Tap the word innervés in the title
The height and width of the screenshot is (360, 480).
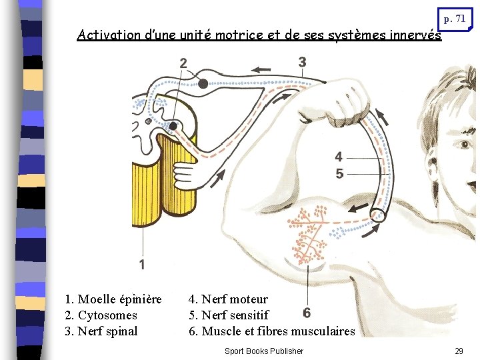coord(416,35)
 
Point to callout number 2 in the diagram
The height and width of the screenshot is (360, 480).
coord(183,63)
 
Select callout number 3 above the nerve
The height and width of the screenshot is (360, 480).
coord(302,62)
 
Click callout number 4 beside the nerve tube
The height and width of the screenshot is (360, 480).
coord(339,157)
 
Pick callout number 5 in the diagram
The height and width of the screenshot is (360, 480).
coord(339,174)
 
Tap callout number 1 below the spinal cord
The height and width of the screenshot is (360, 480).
coord(141,265)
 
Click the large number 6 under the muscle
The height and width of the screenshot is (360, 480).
coord(307,313)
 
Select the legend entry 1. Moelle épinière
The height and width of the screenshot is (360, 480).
coord(113,299)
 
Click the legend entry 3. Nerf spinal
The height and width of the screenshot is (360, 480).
coord(101,331)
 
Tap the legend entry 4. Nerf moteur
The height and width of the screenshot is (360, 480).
coord(228,299)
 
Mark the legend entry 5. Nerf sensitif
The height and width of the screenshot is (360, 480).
coord(229,315)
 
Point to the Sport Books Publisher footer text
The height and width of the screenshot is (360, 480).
coord(264,351)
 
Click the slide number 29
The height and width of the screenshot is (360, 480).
coord(459,351)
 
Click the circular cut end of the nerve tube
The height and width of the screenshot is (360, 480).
coord(378,214)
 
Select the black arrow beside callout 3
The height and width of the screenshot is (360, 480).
coord(261,69)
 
